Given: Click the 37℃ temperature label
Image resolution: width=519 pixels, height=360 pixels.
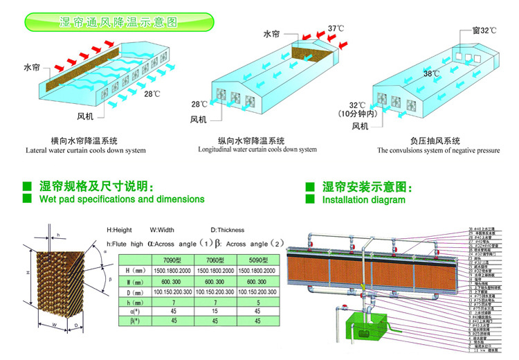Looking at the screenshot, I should [336, 29].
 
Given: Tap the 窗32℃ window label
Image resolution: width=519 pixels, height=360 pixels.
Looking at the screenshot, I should [480, 30].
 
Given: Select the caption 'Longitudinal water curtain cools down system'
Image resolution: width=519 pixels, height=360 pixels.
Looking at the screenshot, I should [257, 150].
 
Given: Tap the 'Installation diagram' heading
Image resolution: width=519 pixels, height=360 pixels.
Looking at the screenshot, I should [364, 200].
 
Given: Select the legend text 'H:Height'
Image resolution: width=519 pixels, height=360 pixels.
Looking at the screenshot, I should [119, 230].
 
